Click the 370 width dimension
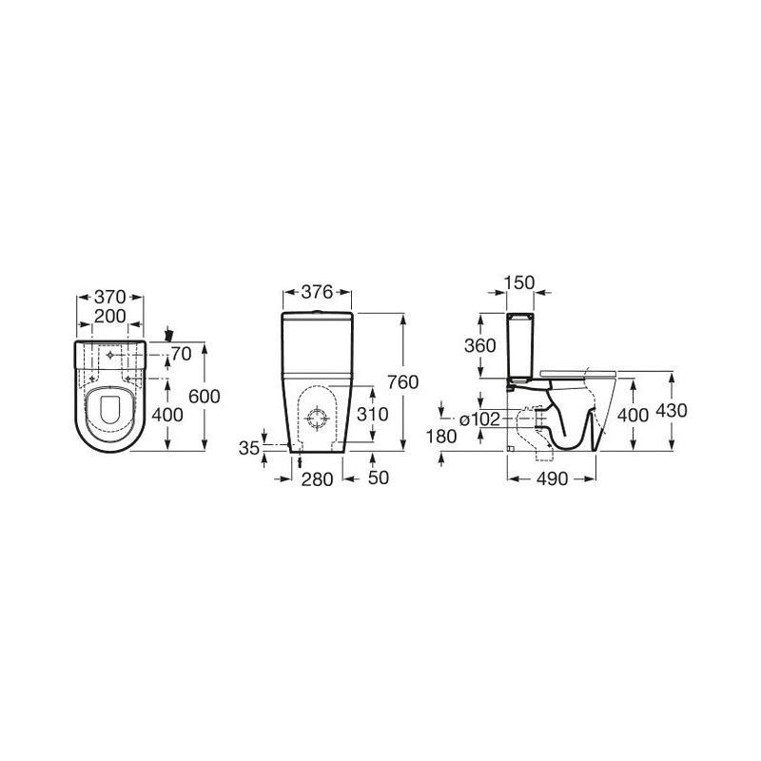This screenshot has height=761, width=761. click(110, 296)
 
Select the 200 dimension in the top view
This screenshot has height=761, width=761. click(110, 316)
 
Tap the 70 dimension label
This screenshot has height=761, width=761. click(182, 354)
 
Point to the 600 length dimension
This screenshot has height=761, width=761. click(205, 396)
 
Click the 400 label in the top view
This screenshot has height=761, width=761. click(167, 415)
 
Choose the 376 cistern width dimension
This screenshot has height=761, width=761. click(318, 292)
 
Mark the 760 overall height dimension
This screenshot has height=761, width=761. click(402, 382)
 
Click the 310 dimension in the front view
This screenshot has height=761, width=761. click(373, 414)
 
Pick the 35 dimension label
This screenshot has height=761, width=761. click(249, 448)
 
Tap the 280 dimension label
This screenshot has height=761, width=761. click(318, 479)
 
